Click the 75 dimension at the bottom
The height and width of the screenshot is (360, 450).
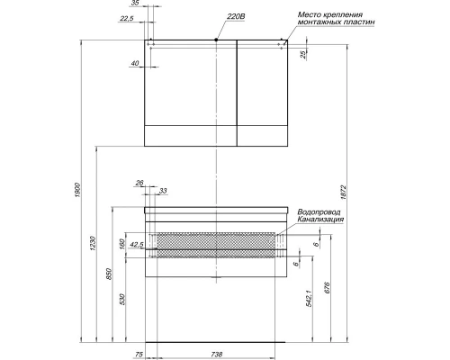pos(139,355)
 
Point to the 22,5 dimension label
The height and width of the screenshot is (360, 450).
pos(127,18)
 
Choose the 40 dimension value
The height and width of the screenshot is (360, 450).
pos(134,64)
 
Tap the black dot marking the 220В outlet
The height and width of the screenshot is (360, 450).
pos(217,40)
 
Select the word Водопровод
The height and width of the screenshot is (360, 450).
pos(318,212)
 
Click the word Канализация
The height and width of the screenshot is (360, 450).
pos(319,220)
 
